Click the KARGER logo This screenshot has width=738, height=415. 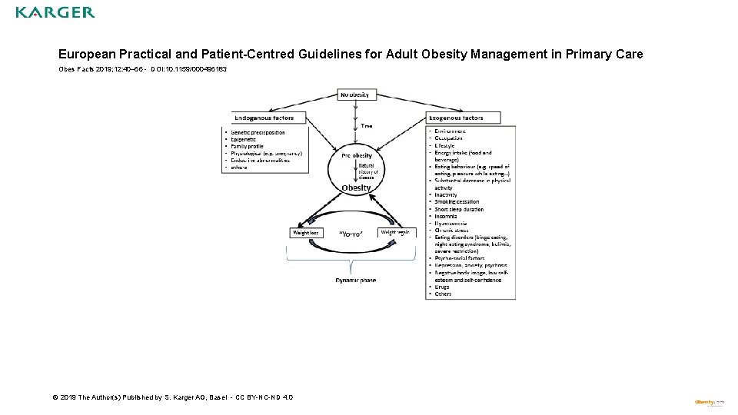pyautogui.click(x=55, y=12)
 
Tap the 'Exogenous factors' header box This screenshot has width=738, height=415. pyautogui.click(x=463, y=118)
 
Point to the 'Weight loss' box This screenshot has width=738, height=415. pyautogui.click(x=305, y=231)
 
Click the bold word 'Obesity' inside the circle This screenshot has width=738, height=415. pyautogui.click(x=356, y=188)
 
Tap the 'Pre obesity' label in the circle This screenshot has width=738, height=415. pyautogui.click(x=356, y=155)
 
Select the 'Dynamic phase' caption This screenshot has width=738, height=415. pyautogui.click(x=356, y=280)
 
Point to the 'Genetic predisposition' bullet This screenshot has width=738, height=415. pyautogui.click(x=258, y=132)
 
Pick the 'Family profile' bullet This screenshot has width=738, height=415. pyautogui.click(x=248, y=146)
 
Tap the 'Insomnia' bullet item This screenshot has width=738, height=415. pyautogui.click(x=447, y=216)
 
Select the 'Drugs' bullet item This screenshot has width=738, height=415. pyautogui.click(x=443, y=287)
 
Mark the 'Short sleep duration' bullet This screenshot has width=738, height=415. pyautogui.click(x=460, y=209)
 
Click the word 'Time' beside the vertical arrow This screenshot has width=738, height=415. pyautogui.click(x=367, y=125)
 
